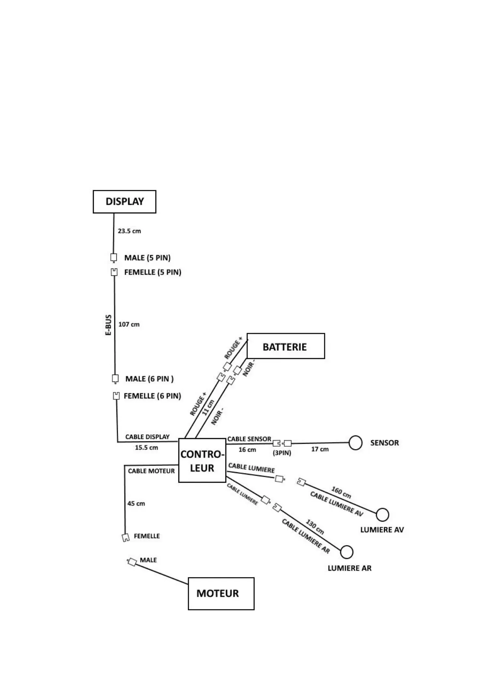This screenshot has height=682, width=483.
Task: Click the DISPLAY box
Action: click(x=125, y=202)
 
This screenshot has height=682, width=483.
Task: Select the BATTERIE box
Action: click(x=286, y=346)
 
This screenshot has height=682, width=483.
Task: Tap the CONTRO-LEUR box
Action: click(x=202, y=460)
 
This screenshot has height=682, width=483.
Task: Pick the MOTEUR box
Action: click(x=221, y=593)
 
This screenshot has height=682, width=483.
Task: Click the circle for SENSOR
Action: click(x=355, y=443)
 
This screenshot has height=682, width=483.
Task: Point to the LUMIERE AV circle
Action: click(x=382, y=515)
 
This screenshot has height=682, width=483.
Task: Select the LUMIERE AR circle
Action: click(x=346, y=552)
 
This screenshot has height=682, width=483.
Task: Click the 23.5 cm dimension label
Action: click(x=129, y=231)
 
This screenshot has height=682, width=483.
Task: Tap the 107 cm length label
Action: click(x=129, y=324)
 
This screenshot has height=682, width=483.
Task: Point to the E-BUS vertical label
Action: click(x=108, y=325)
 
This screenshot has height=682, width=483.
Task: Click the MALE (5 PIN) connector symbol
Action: click(x=114, y=258)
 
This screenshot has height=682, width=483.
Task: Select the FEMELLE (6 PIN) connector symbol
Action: click(x=116, y=396)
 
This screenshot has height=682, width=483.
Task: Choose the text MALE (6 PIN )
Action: click(x=149, y=379)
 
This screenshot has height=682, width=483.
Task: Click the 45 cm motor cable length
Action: click(x=136, y=504)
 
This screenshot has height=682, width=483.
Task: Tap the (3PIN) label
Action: click(x=282, y=453)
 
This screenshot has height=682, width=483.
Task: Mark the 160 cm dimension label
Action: click(x=341, y=492)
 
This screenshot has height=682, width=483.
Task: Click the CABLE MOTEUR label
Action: click(x=151, y=471)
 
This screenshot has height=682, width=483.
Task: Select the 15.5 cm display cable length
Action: click(x=146, y=448)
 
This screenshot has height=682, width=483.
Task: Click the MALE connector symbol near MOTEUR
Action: click(x=132, y=562)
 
